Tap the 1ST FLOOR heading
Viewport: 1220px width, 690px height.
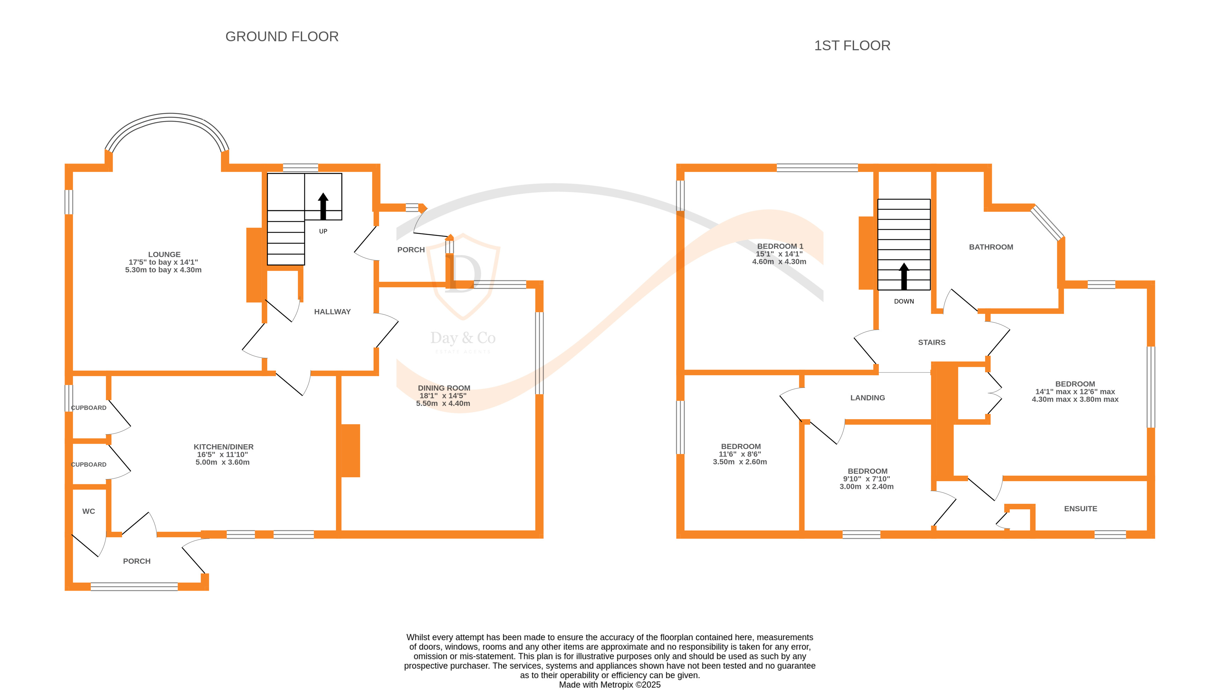pyautogui.click(x=852, y=45)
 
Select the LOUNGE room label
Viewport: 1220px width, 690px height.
pyautogui.click(x=164, y=255)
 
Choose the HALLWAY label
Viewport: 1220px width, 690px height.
pyautogui.click(x=332, y=312)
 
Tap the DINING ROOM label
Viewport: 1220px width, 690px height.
pyautogui.click(x=444, y=388)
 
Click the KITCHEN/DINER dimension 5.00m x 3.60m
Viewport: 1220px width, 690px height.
pyautogui.click(x=222, y=462)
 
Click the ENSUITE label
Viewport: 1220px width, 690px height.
pyautogui.click(x=1080, y=508)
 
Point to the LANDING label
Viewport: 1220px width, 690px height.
pyautogui.click(x=867, y=397)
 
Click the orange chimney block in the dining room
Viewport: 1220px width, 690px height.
pyautogui.click(x=350, y=450)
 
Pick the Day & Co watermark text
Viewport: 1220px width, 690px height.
pyautogui.click(x=463, y=338)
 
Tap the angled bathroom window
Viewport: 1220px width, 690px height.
pyautogui.click(x=1047, y=223)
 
